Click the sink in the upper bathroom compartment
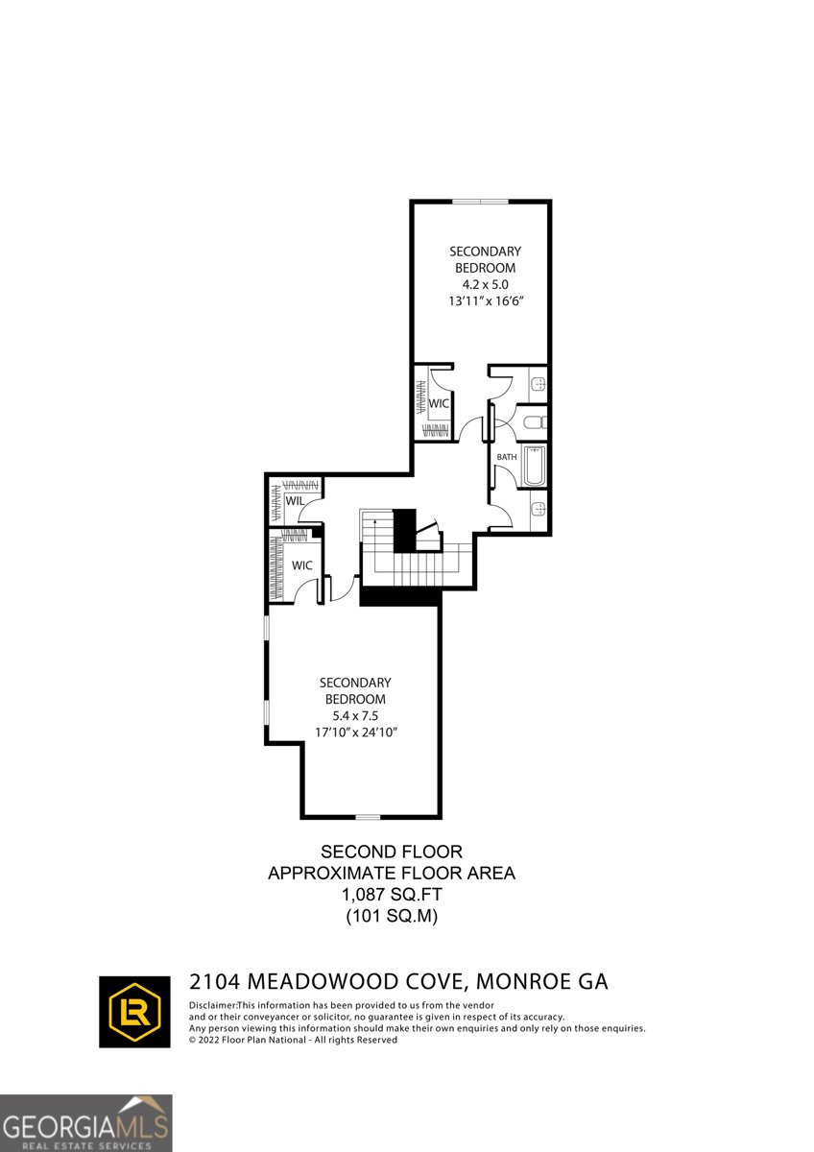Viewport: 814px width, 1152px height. pos(539,384)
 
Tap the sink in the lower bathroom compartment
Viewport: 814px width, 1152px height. pos(539,507)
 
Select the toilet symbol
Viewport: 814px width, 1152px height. pos(536,421)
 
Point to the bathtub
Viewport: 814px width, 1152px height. pos(533,467)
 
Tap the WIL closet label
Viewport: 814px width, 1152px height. pos(295,500)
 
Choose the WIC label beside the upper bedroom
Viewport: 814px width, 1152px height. pos(440,403)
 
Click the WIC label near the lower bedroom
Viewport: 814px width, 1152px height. pos(302,565)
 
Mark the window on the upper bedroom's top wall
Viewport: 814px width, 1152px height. pos(481,201)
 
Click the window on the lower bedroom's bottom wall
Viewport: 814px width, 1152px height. pos(368,817)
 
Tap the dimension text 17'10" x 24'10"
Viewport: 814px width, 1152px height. pos(356,732)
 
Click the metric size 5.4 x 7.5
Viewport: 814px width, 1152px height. pos(356,716)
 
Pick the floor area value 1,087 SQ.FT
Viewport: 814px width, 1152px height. pos(391,895)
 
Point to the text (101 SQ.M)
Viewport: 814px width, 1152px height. pos(391,917)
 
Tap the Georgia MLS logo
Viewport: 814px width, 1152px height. pos(85,1123)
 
